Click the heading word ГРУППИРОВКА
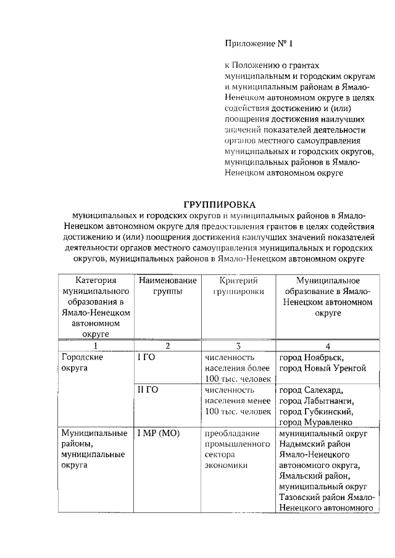tap(220, 204)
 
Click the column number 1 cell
tap(95, 346)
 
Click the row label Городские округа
tap(81, 363)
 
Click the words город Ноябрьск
tap(311, 357)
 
